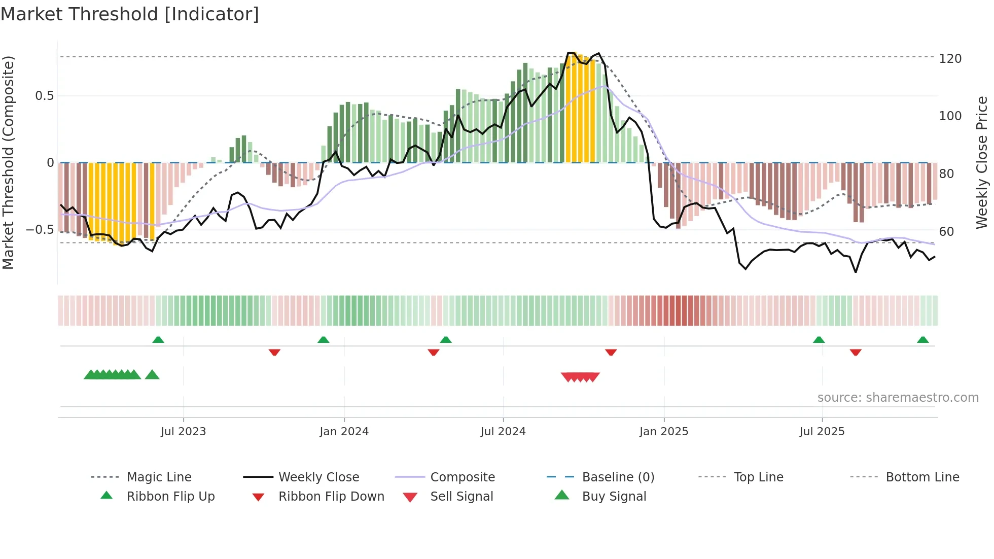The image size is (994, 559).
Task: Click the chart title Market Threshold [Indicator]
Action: coord(130,14)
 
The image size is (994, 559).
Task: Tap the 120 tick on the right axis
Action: coord(950,59)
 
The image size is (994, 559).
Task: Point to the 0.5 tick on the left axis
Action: coord(44,96)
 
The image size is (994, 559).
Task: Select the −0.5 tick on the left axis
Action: coord(40,230)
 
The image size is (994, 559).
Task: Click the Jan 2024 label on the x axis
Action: coord(344,432)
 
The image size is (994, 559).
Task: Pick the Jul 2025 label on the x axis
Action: coord(822,432)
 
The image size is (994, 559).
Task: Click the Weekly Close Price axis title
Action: coord(982,162)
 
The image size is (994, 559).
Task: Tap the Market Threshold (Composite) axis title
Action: coord(8,162)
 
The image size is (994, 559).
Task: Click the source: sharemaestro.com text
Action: coord(898,398)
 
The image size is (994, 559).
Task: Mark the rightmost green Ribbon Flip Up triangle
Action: coord(923,340)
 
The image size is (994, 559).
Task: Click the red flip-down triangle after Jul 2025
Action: coord(856,352)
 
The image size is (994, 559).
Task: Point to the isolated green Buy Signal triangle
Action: coord(152,375)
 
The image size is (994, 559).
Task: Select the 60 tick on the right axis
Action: coord(946,232)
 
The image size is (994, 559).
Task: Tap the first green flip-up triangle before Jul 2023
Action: coord(158,340)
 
